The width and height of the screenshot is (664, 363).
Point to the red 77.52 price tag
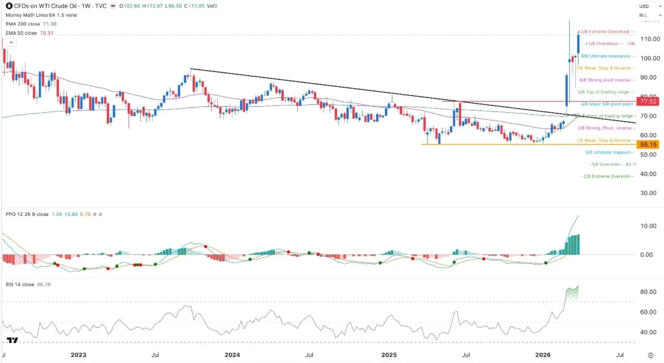click(x=648, y=102)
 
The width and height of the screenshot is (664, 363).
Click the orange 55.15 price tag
click(x=648, y=145)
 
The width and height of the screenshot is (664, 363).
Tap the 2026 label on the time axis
click(x=543, y=355)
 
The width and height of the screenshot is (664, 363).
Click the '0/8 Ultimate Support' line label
click(x=608, y=152)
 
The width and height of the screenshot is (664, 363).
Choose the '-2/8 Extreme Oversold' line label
click(x=607, y=176)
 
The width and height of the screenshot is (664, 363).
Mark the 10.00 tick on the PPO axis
click(x=648, y=226)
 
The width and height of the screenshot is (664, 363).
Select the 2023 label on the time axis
click(x=78, y=355)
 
